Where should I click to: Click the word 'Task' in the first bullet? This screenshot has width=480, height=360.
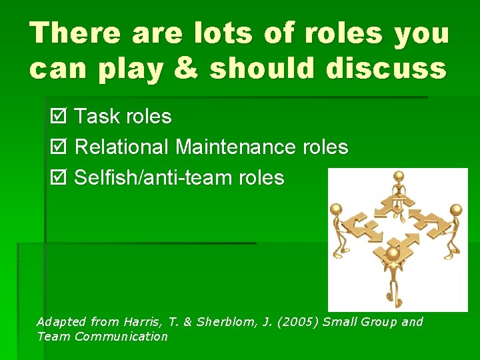tap(95, 117)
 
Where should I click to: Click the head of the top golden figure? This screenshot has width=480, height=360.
tap(399, 177)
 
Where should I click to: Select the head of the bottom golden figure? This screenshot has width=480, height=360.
tap(393, 254)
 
